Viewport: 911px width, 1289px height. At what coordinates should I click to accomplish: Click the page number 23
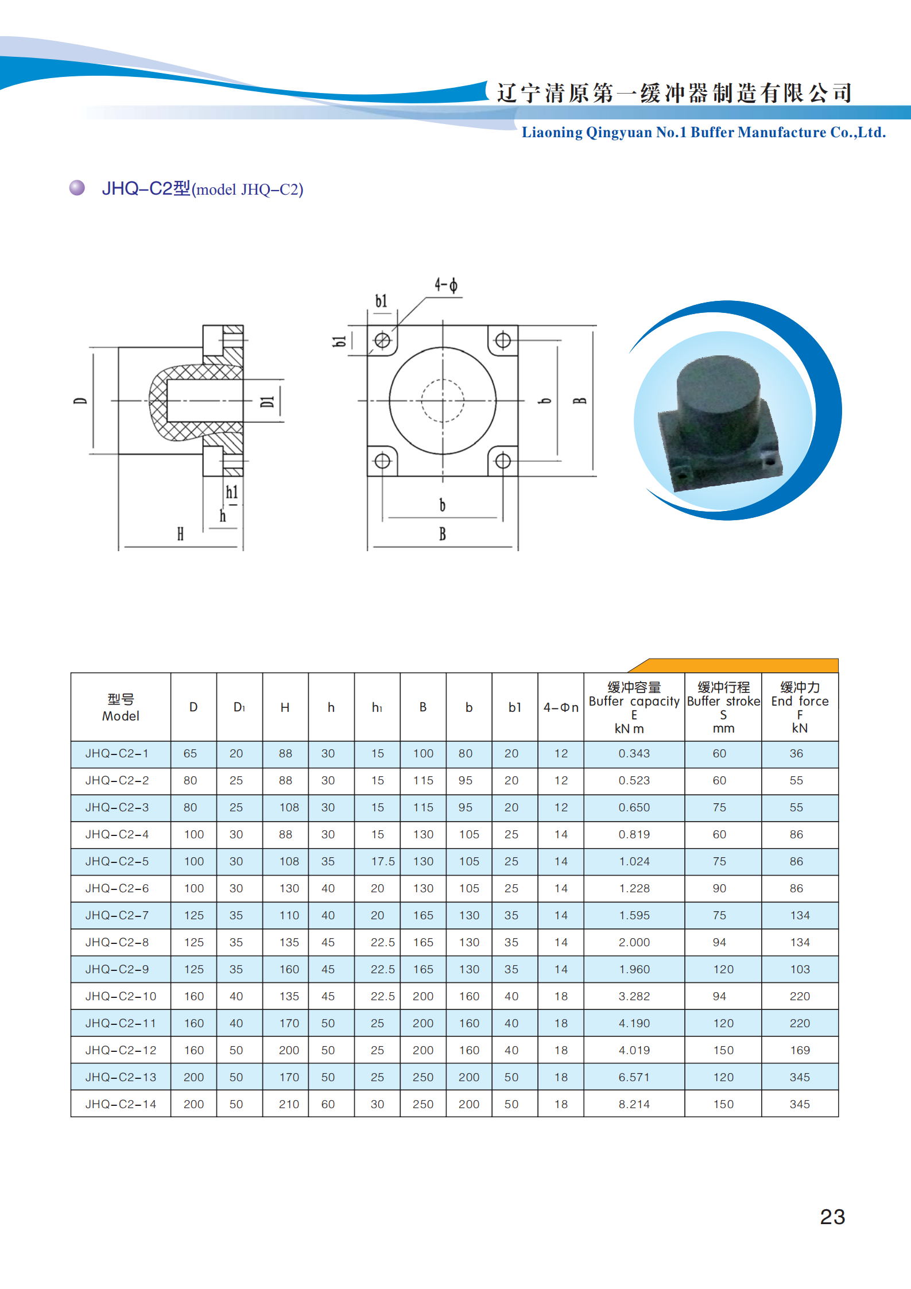[x=832, y=1217]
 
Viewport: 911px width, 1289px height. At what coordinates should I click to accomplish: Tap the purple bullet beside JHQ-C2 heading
[x=77, y=188]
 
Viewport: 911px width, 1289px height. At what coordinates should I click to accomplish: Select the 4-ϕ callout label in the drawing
[x=446, y=285]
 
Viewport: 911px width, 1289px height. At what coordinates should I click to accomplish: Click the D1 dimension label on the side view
[x=268, y=401]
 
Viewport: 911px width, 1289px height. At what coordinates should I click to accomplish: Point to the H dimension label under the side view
[x=180, y=534]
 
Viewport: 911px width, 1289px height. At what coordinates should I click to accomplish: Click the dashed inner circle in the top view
[x=443, y=380]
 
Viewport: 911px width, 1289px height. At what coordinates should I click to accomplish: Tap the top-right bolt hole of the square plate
[x=503, y=340]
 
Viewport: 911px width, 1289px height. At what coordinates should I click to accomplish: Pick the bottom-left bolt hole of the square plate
[x=382, y=460]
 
